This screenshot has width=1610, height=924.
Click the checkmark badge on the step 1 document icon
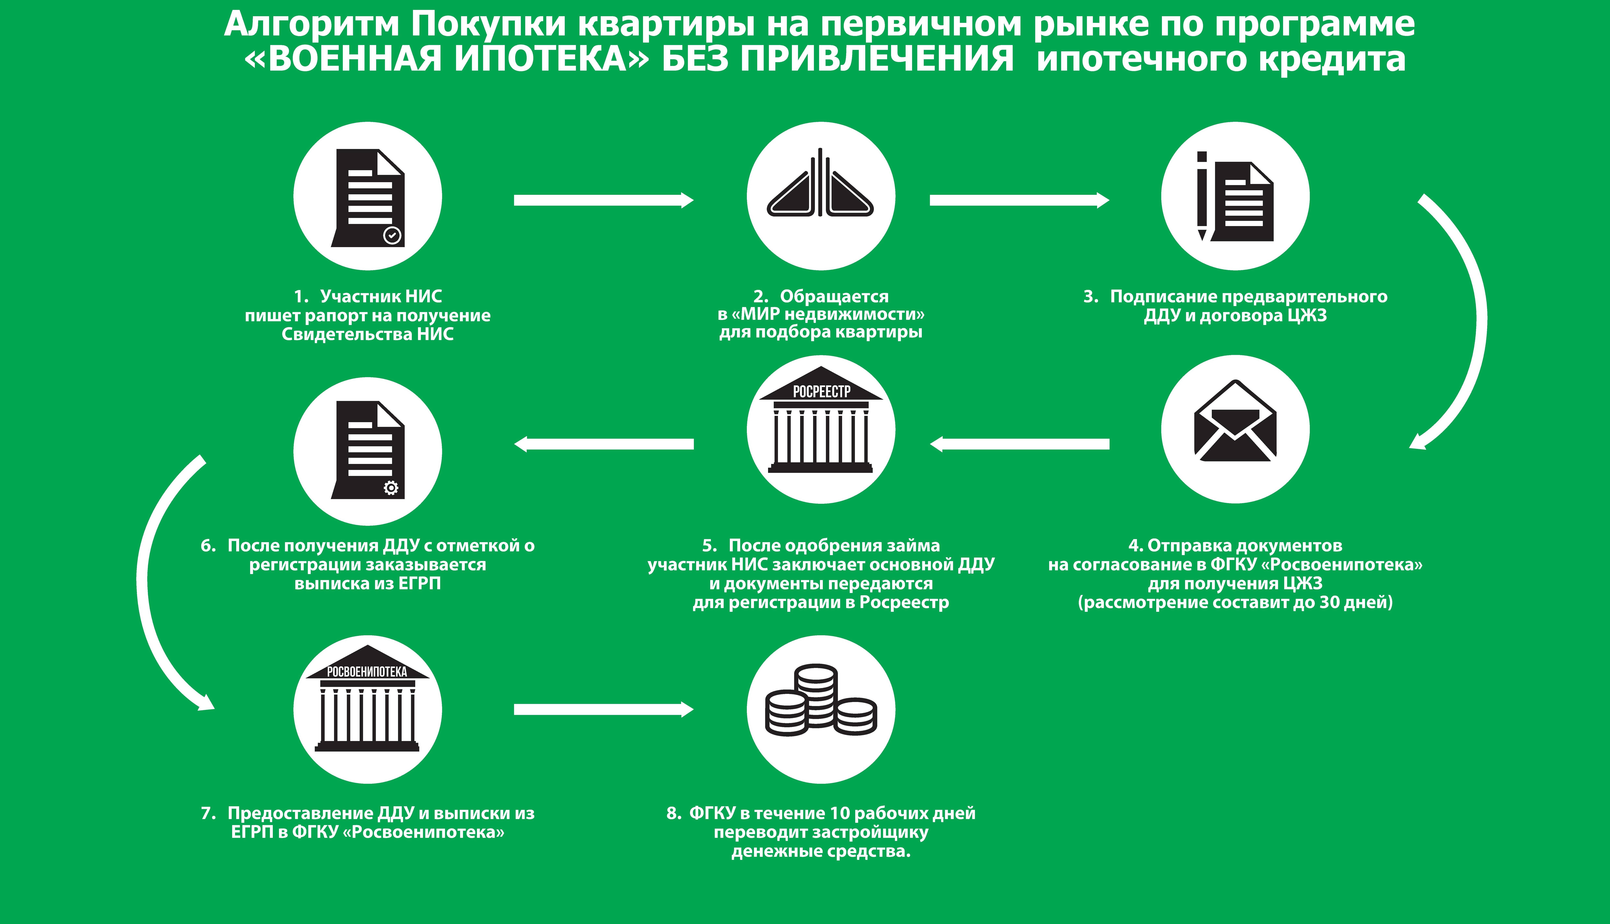coord(392,235)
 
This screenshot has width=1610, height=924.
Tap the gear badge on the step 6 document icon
coord(391,487)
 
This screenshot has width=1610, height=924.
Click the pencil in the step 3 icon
coord(1202,196)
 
